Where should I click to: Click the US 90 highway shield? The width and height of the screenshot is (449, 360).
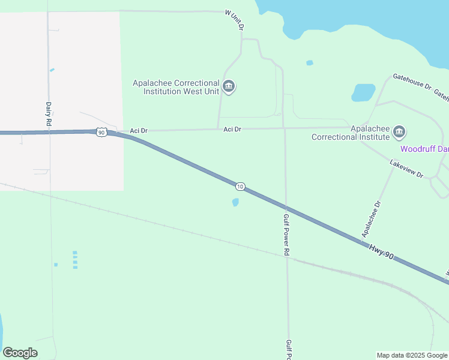tap(101, 132)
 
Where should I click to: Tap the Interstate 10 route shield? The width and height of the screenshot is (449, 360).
tap(240, 187)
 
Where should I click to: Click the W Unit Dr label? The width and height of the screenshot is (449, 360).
tap(235, 19)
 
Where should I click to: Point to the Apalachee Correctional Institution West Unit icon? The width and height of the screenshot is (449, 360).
tap(229, 87)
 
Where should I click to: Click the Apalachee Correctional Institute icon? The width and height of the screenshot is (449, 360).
tap(399, 131)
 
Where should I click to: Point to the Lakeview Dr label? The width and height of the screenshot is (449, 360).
tap(406, 169)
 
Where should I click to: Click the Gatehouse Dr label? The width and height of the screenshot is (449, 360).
tap(412, 82)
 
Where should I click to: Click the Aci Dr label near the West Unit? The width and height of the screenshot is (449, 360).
tap(232, 129)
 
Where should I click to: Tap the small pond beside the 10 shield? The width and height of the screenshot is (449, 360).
tap(235, 202)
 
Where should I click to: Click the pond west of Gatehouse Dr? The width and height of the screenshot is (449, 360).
tap(363, 92)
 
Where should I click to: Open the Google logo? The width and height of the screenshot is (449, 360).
tap(20, 353)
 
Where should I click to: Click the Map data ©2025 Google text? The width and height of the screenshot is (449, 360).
tap(411, 355)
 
